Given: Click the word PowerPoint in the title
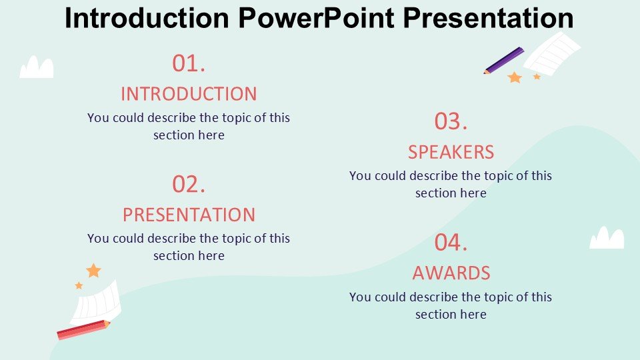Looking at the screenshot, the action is coord(316,17).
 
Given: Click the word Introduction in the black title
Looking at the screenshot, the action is coord(147,17).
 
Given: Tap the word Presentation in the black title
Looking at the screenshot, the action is coord(488,17).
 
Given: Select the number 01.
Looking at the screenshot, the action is coord(189,64).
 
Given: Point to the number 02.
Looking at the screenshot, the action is coord(189,185).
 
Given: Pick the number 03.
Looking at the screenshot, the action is coord(451,121).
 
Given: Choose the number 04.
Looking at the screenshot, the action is coord(451,243).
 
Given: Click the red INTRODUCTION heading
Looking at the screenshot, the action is coord(189,94).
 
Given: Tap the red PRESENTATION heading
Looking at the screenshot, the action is coord(189,215).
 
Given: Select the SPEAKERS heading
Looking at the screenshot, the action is coord(451,152).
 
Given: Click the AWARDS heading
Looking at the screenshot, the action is coord(451,273).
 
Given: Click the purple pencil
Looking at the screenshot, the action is coord(504,61).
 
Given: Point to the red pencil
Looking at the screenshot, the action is coord(83,329).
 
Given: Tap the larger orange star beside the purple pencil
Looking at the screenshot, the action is coord(515,77).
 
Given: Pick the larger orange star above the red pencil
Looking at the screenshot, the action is coord(93,270).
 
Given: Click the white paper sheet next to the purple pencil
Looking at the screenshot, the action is coord(552,53).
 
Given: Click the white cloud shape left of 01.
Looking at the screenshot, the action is coord(36,67).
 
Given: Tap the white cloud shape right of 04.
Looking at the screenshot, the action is coord(607,238).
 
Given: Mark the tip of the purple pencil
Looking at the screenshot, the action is coord(485,73).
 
